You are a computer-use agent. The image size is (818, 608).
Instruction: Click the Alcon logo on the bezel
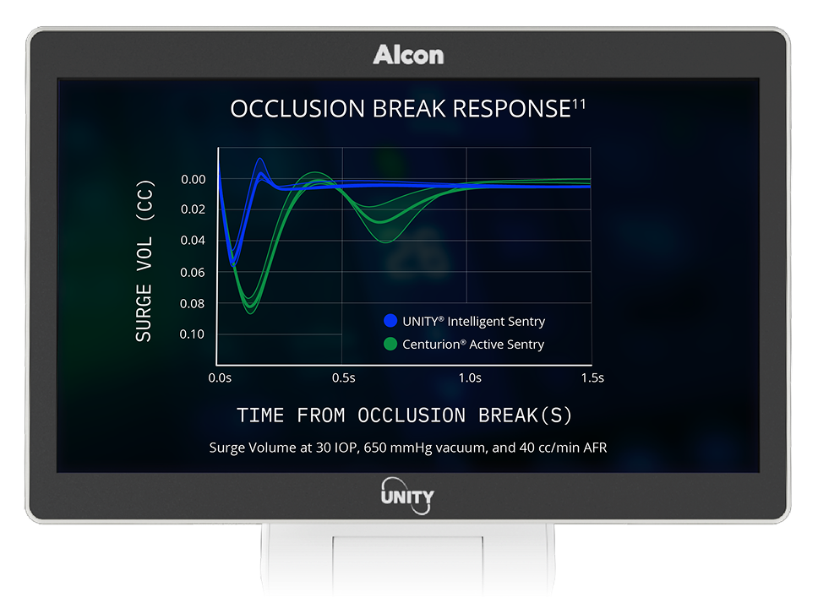[408, 55]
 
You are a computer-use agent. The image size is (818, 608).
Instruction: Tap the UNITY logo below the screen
[408, 495]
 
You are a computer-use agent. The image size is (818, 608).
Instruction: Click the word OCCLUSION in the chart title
[283, 109]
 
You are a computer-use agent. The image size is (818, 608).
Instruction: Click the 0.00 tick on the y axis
[193, 179]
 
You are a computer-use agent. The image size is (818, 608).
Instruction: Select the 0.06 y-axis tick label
[193, 272]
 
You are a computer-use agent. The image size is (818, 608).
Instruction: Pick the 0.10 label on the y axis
[193, 334]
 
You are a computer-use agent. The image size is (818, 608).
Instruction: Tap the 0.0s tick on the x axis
[220, 377]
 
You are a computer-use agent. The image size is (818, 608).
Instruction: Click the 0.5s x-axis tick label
[343, 377]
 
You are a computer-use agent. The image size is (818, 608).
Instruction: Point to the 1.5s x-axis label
[592, 377]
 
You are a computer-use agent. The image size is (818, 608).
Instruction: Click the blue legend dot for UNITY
[390, 321]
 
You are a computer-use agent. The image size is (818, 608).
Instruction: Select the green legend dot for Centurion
[390, 344]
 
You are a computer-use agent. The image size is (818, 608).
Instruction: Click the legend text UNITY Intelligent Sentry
[473, 321]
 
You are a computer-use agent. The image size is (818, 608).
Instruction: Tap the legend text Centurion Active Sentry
[472, 344]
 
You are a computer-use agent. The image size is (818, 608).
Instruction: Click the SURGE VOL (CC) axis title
[144, 260]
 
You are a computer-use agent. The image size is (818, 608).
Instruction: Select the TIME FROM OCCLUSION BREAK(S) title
[405, 415]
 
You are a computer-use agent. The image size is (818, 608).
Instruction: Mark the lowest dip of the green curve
[249, 304]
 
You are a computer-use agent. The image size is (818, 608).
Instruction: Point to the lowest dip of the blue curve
[233, 263]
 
